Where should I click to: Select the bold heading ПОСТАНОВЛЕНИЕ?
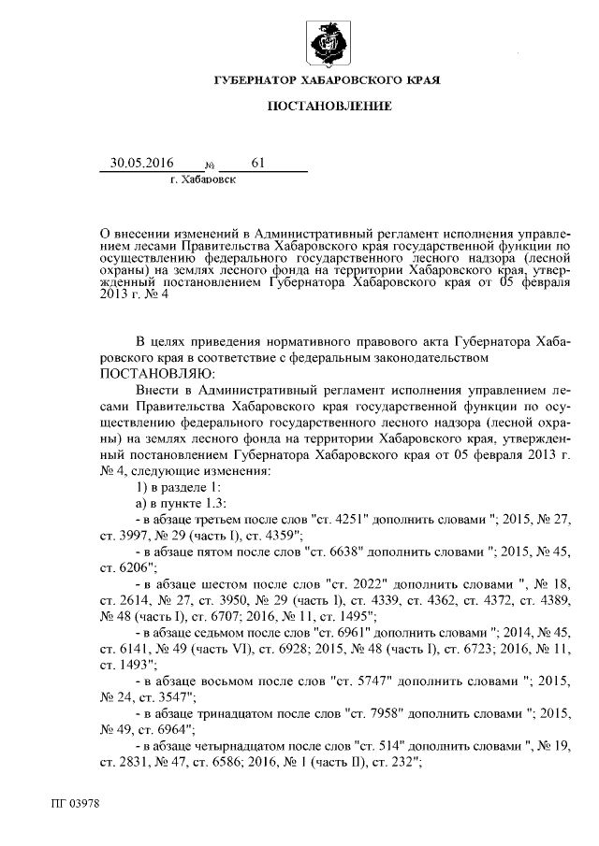pyautogui.click(x=329, y=108)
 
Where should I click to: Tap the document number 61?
pyautogui.click(x=258, y=163)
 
